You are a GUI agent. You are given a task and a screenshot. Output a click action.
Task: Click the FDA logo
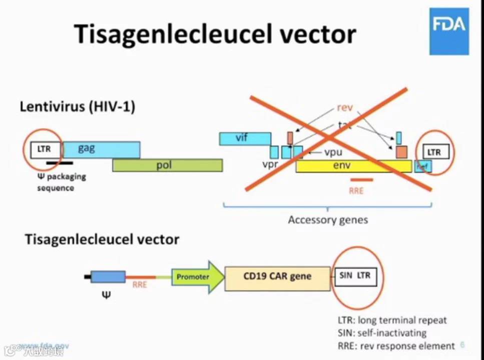point(449,31)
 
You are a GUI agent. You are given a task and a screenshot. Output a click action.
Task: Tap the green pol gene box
point(167,165)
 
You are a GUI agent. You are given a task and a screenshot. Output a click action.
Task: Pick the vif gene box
point(245,138)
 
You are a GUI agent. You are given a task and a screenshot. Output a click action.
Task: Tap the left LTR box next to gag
point(45,149)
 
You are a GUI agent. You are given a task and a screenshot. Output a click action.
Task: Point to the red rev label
point(344,107)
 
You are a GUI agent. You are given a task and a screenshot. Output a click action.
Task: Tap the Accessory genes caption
point(327,220)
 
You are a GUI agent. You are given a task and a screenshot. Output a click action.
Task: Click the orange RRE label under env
point(356,190)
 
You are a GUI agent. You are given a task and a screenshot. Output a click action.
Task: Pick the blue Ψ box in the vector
point(108,277)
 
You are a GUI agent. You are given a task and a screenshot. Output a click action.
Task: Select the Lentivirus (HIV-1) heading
point(77,106)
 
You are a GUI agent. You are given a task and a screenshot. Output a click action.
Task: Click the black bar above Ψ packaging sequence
point(59,162)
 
